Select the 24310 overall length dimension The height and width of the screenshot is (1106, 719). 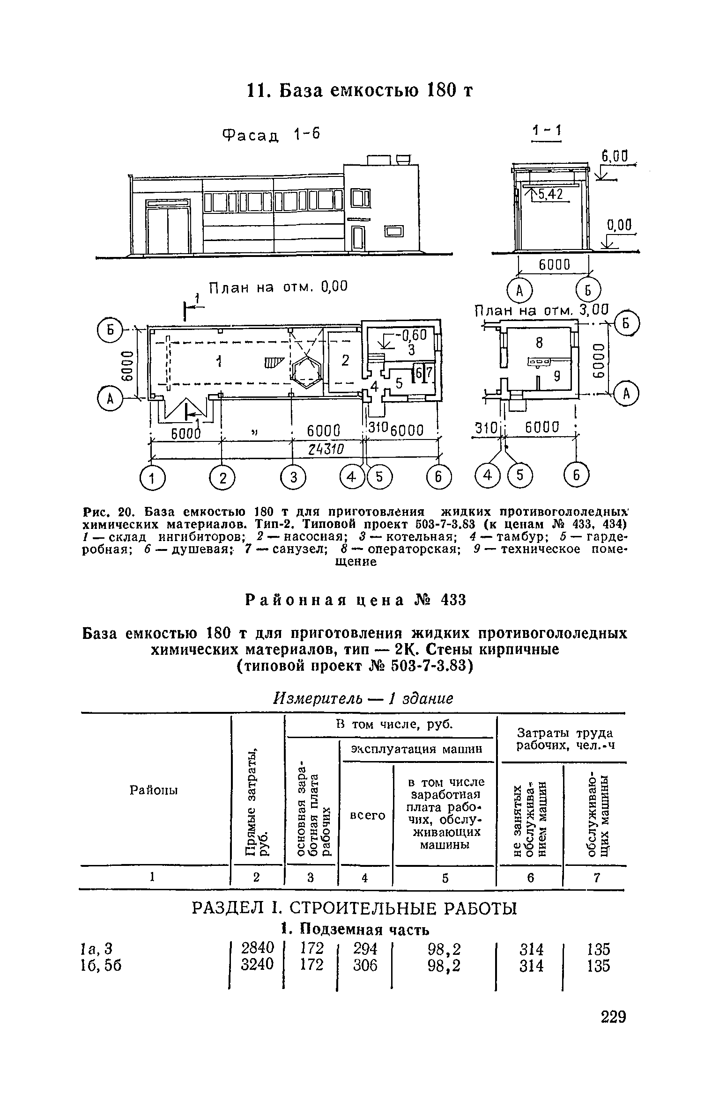[326, 450]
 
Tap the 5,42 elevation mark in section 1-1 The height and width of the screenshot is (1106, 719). [549, 194]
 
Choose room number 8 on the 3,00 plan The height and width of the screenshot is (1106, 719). [539, 344]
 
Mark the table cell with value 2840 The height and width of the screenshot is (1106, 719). [256, 949]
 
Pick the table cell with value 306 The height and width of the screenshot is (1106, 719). [365, 966]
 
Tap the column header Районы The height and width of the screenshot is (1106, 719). [154, 791]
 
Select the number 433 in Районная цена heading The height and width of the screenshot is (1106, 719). [453, 600]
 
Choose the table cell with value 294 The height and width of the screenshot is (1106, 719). [365, 949]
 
